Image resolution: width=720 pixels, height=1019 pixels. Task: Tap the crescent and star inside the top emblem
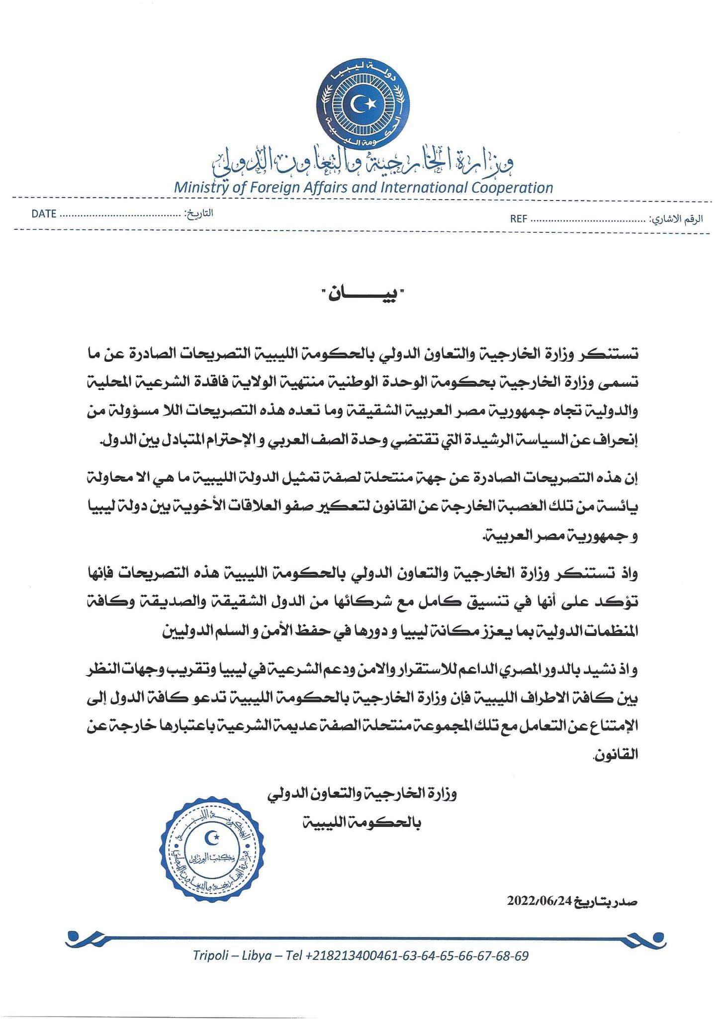coord(361,103)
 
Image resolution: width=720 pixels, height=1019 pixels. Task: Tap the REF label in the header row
coord(518,219)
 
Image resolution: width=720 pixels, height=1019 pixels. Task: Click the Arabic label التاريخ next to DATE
coord(199,213)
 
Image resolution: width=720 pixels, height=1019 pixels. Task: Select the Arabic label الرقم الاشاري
coord(678,219)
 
